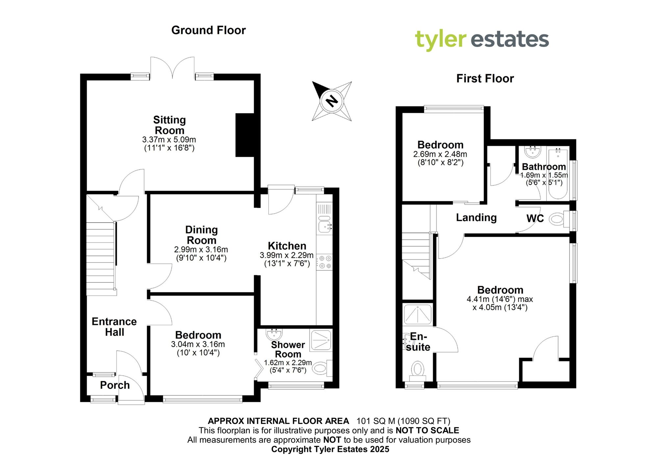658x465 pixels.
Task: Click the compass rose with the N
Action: point(332,101)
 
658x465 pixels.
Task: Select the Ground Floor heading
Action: point(208,30)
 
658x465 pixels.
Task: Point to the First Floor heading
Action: point(485,79)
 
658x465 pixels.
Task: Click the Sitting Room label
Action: point(169,125)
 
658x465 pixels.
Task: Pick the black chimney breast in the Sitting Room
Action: point(245,135)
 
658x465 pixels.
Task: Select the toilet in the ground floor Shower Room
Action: point(321,368)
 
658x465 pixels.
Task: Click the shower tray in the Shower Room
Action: point(321,339)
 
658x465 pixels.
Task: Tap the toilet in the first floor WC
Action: point(559,219)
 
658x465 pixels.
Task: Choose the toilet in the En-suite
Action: point(418,370)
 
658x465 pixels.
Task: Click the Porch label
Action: point(115,385)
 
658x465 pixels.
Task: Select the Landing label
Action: point(476,217)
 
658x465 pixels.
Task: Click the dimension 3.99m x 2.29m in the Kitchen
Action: point(287,255)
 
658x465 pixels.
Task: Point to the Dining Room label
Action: point(201,235)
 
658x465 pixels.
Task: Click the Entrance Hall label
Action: point(114,327)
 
